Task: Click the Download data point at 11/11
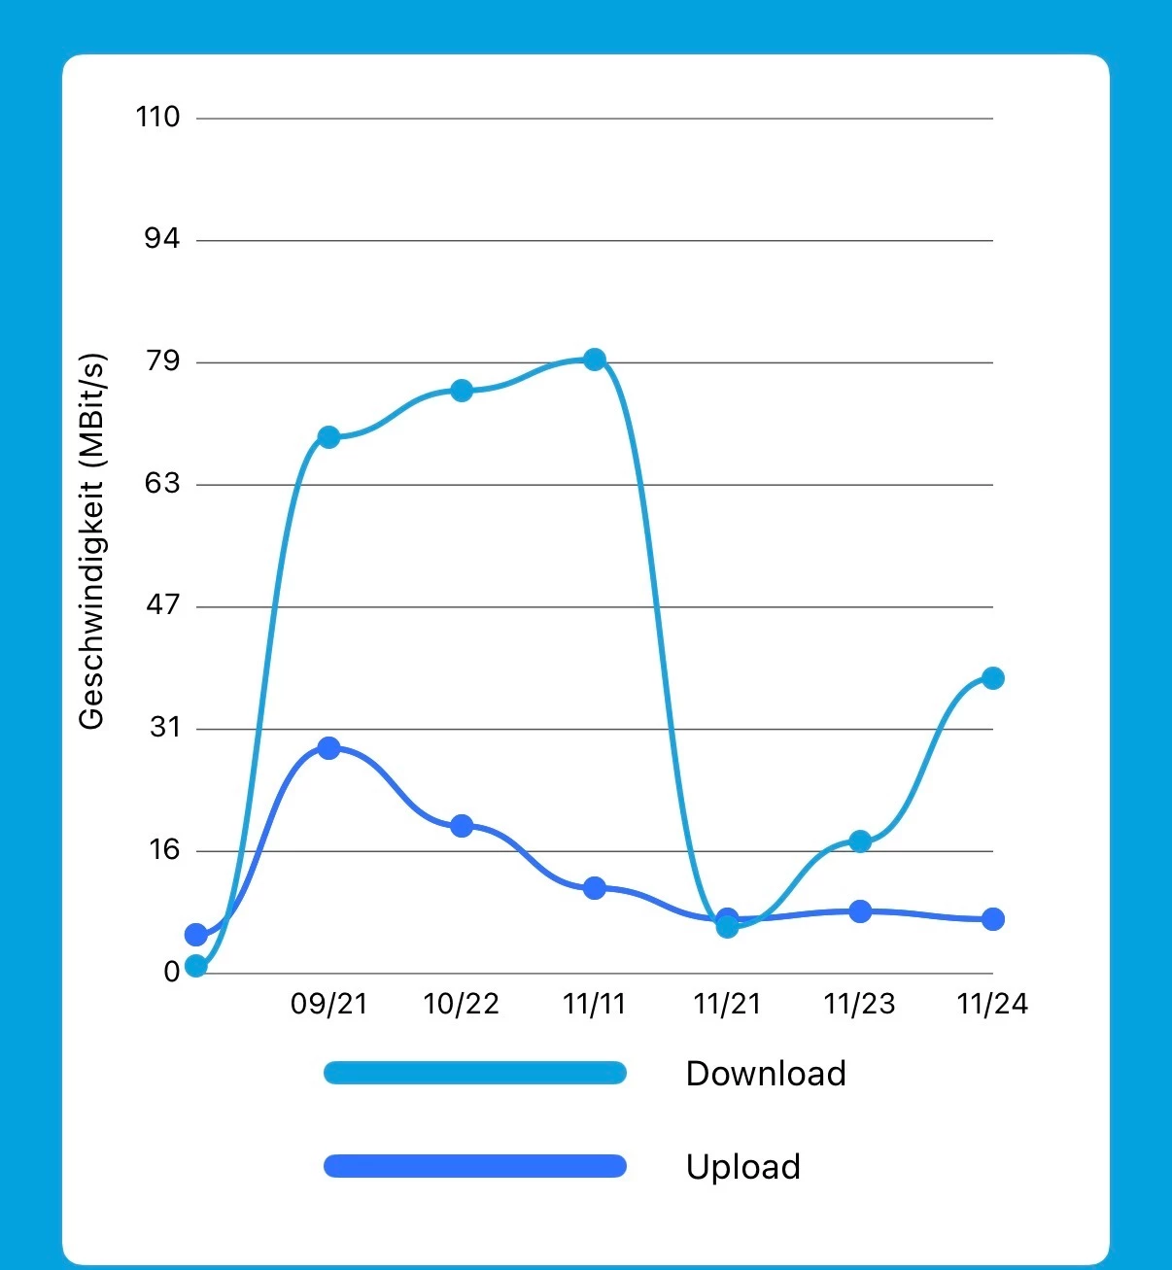[x=595, y=360]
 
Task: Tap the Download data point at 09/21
[x=328, y=437]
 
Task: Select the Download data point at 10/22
[x=462, y=391]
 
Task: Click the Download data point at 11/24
[x=992, y=678]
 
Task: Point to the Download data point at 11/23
[x=860, y=841]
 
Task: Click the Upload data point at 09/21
[x=328, y=748]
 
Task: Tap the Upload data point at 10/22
[x=462, y=826]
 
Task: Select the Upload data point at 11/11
[x=595, y=887]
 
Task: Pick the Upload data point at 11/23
[x=860, y=911]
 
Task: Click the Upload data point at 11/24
[x=992, y=919]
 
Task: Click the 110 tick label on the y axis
[x=157, y=118]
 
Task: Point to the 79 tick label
[x=162, y=361]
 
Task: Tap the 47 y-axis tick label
[x=162, y=605]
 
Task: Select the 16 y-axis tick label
[x=164, y=850]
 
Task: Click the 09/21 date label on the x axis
[x=329, y=1004]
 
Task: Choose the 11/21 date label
[x=727, y=1004]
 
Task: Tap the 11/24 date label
[x=992, y=1004]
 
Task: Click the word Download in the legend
[x=766, y=1074]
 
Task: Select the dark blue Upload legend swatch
[x=474, y=1166]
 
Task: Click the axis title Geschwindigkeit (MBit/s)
[x=91, y=541]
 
